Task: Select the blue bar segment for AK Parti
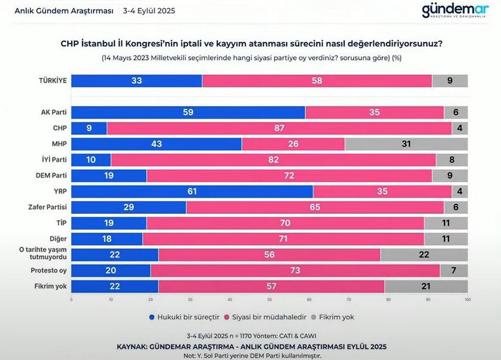tap(188, 112)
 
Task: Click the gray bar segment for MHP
tap(406, 144)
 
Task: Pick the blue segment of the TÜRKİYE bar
tap(136, 81)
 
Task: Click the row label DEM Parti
tap(51, 176)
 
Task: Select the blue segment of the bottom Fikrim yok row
tap(115, 286)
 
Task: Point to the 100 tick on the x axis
tap(467, 299)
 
